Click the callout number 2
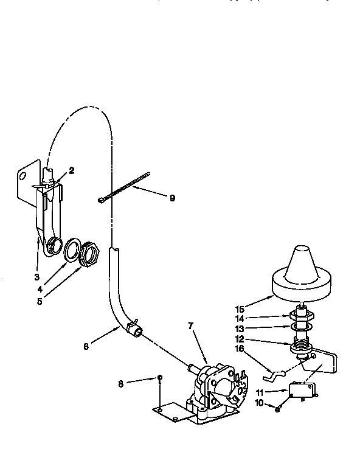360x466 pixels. point(71,171)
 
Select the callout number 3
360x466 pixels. point(36,260)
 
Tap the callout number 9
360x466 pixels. point(172,198)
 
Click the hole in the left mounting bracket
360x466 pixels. point(23,176)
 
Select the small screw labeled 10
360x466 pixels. point(277,408)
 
